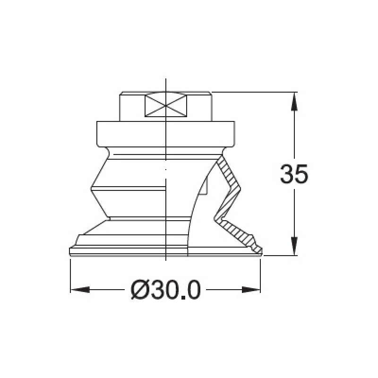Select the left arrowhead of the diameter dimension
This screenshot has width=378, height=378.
click(79, 289)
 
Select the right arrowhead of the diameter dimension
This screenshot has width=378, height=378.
click(251, 289)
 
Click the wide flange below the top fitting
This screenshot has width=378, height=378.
click(165, 133)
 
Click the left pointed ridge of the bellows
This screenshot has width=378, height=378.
click(92, 189)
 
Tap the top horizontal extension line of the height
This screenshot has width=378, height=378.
click(255, 92)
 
